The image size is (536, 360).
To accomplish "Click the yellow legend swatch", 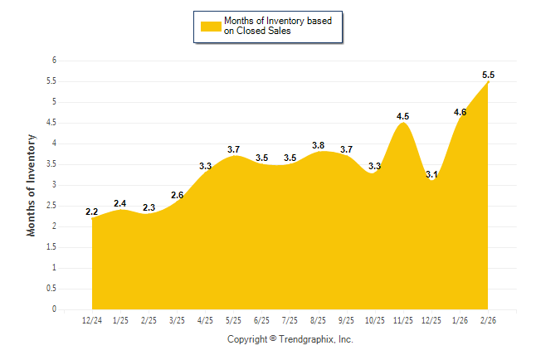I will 210,27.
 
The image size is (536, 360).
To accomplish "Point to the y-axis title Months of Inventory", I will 32,185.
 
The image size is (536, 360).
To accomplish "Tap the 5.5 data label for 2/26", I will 489,75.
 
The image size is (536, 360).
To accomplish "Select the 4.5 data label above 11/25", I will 403,116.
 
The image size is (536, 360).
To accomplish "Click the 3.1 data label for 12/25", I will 431,174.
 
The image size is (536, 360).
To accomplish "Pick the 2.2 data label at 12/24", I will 91,212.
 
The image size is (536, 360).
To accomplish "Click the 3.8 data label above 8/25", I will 318,145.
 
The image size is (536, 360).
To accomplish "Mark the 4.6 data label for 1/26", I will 460,112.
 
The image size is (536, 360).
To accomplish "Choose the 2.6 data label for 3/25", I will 177,195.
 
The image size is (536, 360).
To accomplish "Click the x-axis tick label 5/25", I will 233,319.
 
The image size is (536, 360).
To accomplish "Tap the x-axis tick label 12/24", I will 91,319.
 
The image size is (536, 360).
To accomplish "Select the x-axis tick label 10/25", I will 375,319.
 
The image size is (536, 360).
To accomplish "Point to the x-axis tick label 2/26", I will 489,319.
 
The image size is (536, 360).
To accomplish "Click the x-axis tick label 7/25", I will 290,319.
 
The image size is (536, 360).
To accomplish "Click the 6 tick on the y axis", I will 54,61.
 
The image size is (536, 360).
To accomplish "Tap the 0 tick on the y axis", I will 54,309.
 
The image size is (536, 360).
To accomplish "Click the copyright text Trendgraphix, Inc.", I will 290,340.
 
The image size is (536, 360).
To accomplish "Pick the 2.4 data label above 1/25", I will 119,203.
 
